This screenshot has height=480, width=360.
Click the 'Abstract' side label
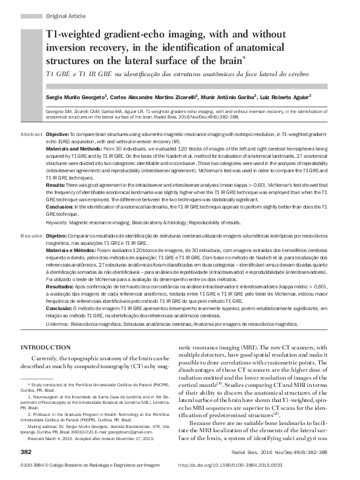(31, 133)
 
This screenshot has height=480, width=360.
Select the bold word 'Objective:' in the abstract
(58, 133)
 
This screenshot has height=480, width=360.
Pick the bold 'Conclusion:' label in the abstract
(60, 206)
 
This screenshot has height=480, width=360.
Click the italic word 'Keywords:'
(57, 223)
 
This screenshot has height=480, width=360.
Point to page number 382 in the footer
(25, 452)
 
